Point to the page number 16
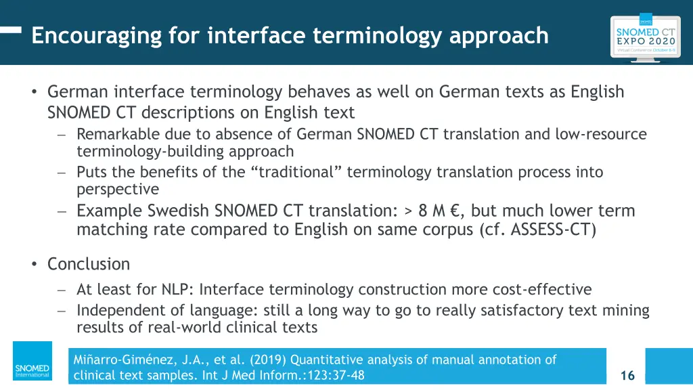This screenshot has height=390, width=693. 627,375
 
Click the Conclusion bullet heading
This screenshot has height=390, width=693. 88,263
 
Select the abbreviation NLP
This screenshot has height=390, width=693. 176,290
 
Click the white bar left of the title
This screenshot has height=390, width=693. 11,30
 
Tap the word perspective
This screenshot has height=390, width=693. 118,189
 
